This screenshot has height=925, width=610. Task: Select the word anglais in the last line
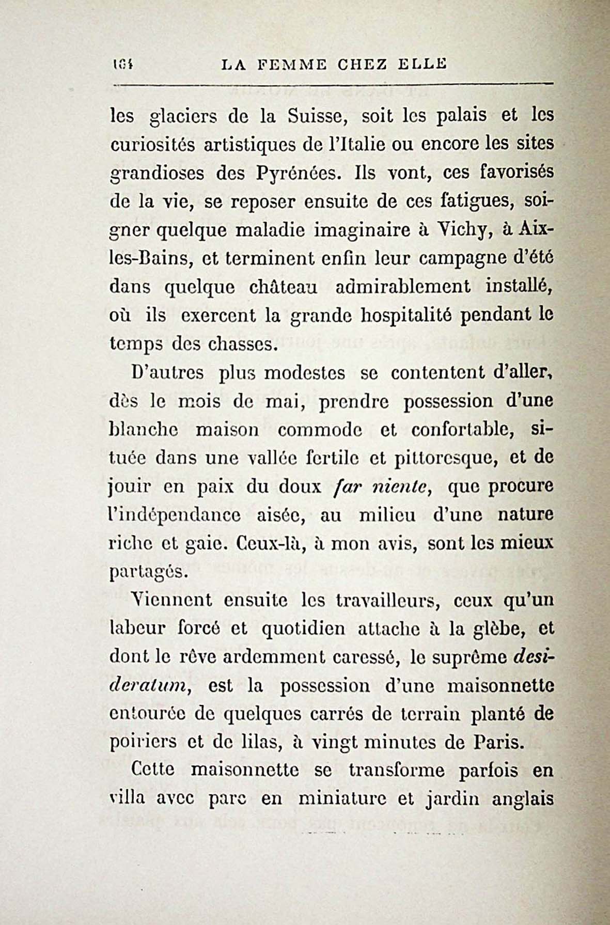coord(523,800)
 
